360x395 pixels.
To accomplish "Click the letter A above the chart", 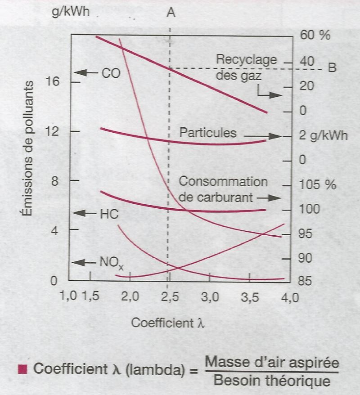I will pos(171,13).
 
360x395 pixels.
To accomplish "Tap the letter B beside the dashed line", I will pos(332,68).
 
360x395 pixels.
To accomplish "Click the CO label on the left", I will pos(111,73).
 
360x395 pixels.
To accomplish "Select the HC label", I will pos(109,214).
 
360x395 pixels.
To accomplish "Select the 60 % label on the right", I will pos(315,35).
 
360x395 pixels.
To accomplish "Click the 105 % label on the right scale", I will pos(318,185).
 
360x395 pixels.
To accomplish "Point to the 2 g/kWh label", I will pos(323,136).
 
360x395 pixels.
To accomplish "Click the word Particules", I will pos(207,133).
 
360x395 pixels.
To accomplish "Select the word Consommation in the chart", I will pos(223,182).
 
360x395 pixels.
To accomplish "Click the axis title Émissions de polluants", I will pos(28,148).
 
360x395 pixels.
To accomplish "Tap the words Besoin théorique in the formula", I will pos(271,381).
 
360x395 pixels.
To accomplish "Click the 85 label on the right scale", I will pos(308,282).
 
